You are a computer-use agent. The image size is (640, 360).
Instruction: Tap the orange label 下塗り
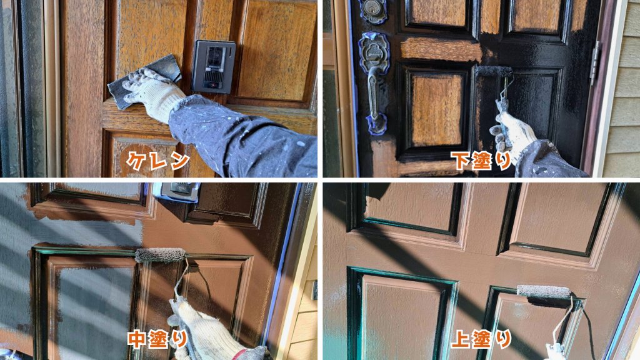coord(481,161)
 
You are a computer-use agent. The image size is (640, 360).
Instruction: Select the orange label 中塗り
coord(157,339)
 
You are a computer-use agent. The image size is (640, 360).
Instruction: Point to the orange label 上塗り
coord(481,339)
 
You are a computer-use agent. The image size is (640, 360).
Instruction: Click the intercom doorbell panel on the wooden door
coord(214,66)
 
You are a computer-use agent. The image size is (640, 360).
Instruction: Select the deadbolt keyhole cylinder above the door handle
coord(372,10)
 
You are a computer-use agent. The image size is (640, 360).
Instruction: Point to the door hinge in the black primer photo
coord(595,63)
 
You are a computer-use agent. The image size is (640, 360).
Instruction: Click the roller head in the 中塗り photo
coord(161,255)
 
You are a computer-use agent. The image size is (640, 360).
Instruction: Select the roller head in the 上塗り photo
coord(544,292)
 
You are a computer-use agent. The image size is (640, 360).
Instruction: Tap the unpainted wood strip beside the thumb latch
coord(441,49)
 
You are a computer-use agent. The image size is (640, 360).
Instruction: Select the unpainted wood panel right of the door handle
coord(436,110)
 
